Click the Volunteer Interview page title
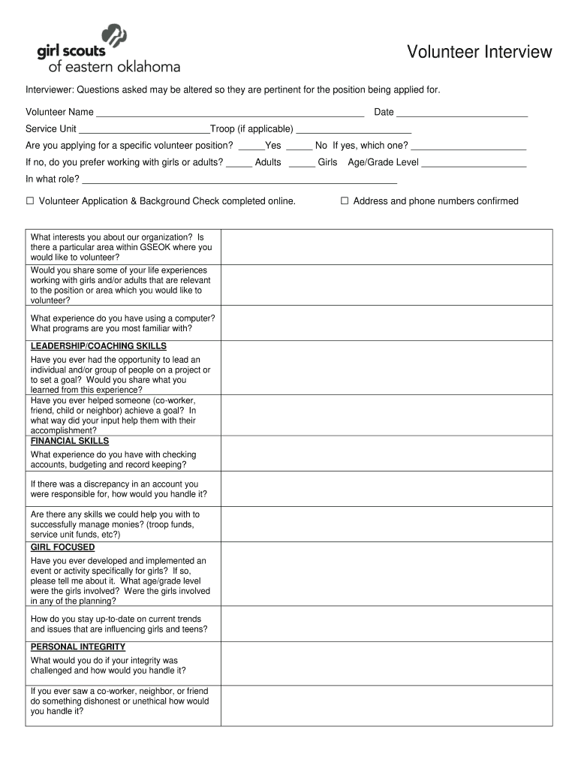coord(480,52)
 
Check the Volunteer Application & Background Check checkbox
coord(31,201)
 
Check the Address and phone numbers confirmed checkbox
coord(345,201)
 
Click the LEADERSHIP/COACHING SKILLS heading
coord(98,346)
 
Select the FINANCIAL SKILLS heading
coord(70,441)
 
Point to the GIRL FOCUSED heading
coord(62,547)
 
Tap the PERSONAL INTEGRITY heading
coord(78,647)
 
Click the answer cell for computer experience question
coord(386,323)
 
